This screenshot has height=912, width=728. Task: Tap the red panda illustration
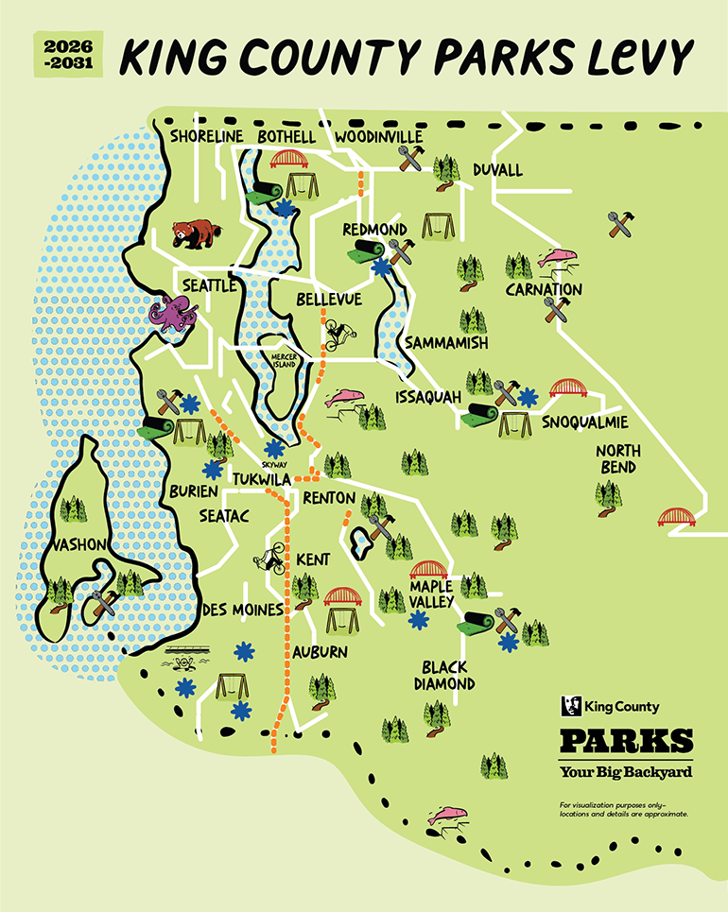pos(193,233)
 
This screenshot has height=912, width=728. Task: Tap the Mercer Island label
pos(284,358)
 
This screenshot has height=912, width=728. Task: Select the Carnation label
pos(543,288)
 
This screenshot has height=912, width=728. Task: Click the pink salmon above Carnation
pos(557,258)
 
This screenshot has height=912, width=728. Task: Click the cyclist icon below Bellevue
pos(338,333)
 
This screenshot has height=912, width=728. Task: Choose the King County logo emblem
pos(570,706)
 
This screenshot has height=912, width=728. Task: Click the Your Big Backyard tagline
pos(625,772)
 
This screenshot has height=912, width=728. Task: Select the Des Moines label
pos(243,610)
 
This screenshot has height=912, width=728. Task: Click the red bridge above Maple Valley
pos(427,570)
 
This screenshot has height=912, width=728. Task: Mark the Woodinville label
pos(378,137)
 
